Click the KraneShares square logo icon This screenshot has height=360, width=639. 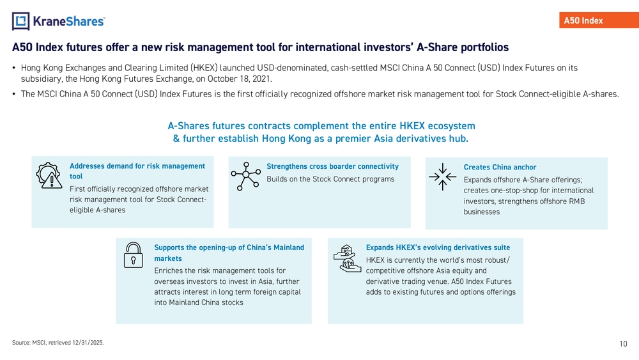click(x=21, y=21)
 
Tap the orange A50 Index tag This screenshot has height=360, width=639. click(x=599, y=20)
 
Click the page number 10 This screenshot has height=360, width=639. click(x=623, y=343)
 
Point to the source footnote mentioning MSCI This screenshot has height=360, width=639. click(x=58, y=343)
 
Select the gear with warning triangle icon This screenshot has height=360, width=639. click(x=49, y=175)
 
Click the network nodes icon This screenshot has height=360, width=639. click(x=246, y=176)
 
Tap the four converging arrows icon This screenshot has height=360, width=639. click(x=443, y=177)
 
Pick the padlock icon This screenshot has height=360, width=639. click(x=134, y=255)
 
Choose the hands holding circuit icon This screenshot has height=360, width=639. click(x=347, y=258)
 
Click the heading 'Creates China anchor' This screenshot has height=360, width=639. click(x=500, y=167)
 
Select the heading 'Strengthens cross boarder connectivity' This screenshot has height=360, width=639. click(x=332, y=166)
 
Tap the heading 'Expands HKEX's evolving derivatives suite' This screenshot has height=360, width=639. click(x=438, y=247)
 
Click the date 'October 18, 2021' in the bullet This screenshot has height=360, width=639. click(x=239, y=79)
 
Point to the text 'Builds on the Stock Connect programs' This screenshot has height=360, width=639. click(x=330, y=179)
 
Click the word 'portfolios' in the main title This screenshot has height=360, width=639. click(x=484, y=47)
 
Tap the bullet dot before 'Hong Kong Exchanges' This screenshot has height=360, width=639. click(x=14, y=68)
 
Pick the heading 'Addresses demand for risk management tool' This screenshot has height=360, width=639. click(x=137, y=171)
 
